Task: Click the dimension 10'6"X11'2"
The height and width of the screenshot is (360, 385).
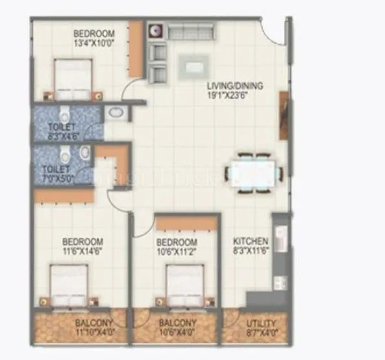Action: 177,249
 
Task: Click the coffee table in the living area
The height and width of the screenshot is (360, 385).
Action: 193,65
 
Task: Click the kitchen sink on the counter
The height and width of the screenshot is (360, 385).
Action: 280,240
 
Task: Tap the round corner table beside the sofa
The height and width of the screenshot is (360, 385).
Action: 155,31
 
